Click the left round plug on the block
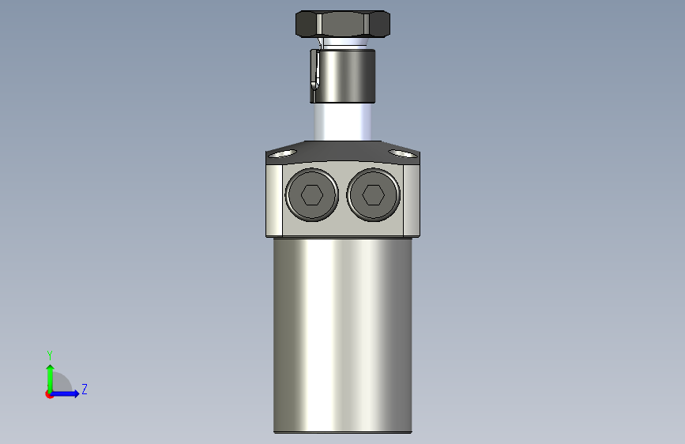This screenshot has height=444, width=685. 313,194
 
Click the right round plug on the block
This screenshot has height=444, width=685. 374,194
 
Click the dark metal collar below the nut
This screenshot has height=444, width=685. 345,76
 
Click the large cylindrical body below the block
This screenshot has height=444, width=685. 343,332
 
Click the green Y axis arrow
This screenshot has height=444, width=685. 50,375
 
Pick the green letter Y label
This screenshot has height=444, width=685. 50,356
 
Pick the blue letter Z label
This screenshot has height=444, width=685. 85,389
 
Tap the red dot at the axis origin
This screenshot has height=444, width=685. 49,394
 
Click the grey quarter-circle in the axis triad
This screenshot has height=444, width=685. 61,385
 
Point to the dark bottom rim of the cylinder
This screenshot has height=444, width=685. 343,431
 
